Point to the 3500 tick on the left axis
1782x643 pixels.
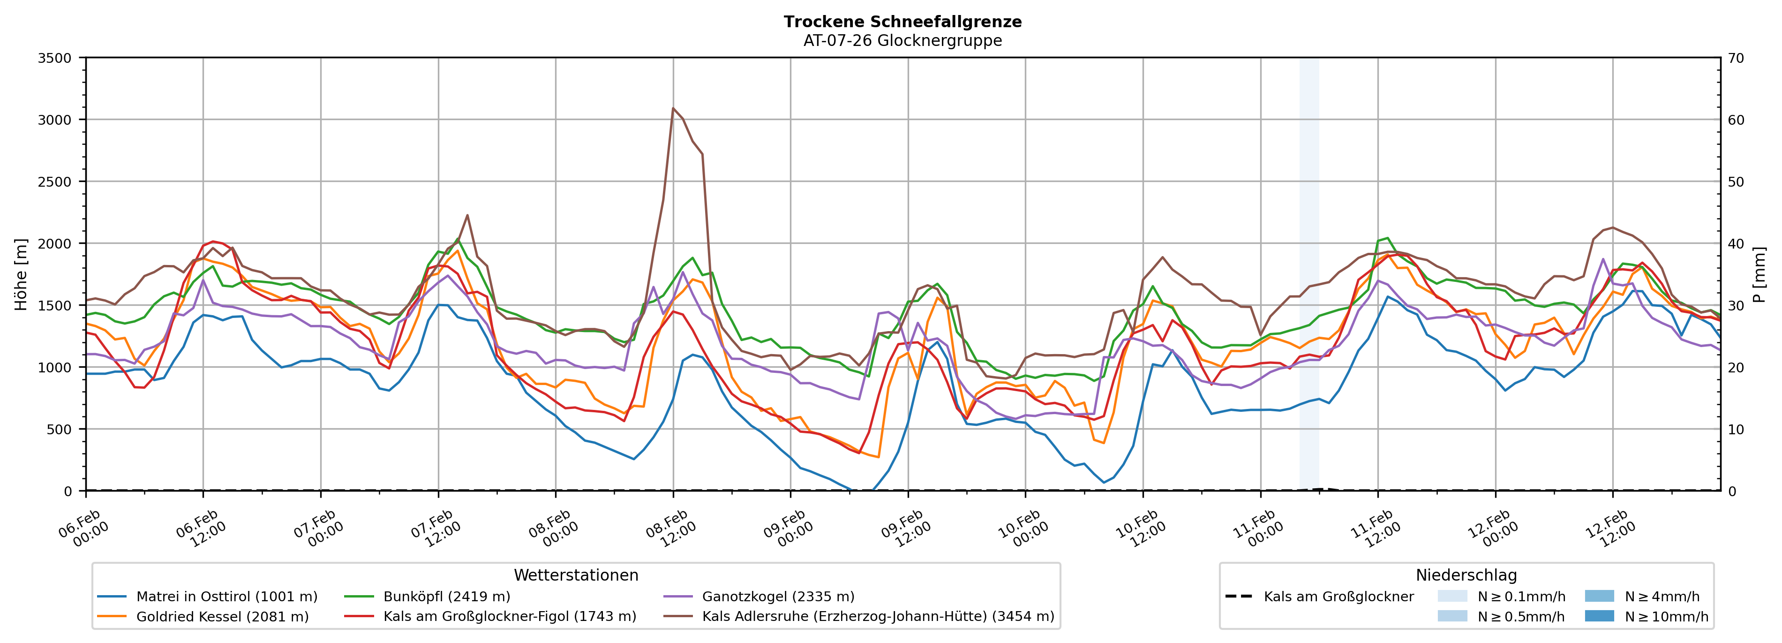tap(55, 58)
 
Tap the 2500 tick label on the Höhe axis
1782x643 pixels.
tap(55, 182)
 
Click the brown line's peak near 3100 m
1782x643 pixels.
tap(673, 108)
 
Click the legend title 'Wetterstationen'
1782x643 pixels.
tap(576, 575)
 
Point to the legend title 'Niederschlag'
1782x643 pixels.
tap(1466, 575)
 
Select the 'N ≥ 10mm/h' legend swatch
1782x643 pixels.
tap(1599, 616)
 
